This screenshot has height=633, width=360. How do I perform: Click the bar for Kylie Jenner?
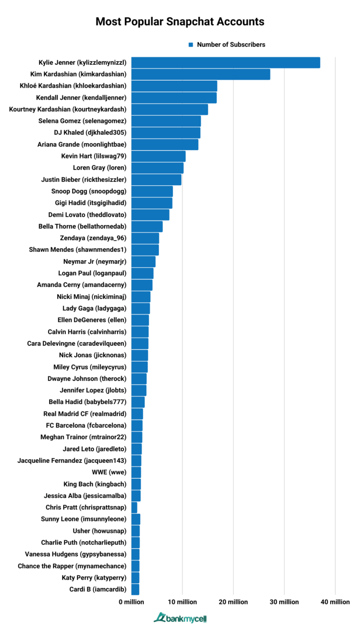[225, 62]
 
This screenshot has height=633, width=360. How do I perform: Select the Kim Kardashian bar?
[201, 74]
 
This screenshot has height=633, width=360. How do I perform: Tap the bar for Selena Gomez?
[166, 121]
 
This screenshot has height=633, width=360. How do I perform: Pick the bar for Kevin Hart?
[158, 156]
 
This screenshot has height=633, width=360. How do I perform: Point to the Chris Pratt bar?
[135, 507]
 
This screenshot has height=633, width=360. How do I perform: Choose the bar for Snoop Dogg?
[152, 191]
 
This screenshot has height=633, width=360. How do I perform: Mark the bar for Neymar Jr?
[143, 262]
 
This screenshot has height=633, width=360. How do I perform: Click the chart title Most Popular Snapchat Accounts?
[180, 22]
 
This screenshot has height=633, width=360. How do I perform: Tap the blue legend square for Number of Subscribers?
[191, 45]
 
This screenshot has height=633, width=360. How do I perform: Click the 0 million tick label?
[132, 602]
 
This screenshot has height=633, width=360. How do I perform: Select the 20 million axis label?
[233, 602]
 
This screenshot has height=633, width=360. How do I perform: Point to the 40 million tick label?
[335, 602]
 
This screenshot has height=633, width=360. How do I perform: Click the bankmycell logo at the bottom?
[180, 618]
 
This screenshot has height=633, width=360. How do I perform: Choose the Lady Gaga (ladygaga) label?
[94, 308]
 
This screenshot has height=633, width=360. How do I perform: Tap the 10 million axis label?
[182, 602]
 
